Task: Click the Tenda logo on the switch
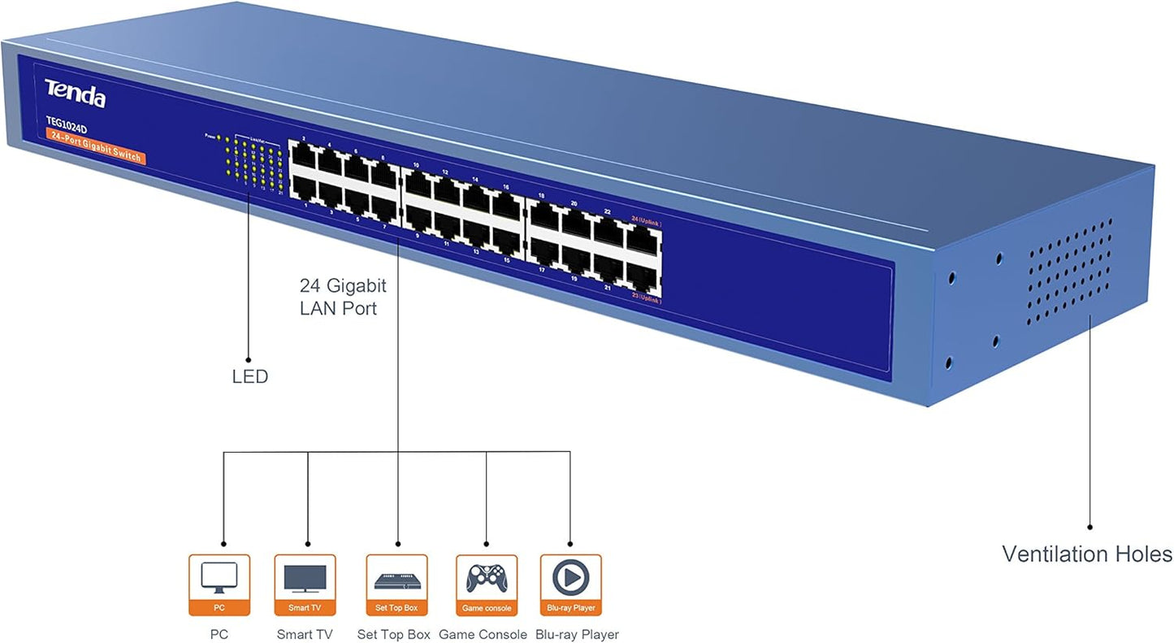pos(75,93)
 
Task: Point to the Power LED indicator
pos(218,137)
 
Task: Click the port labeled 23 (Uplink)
pos(642,274)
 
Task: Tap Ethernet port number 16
pos(507,205)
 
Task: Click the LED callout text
pos(249,377)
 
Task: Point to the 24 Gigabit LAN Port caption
pos(342,297)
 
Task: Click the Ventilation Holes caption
pos(1086,554)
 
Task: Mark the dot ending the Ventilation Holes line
pos(1090,527)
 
